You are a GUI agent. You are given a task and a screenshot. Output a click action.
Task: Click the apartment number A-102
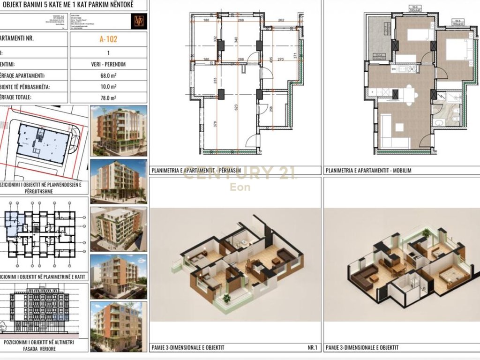[109, 39]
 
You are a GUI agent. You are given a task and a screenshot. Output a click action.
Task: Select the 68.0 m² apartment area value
[109, 75]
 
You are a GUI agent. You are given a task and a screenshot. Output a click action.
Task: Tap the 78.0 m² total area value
[109, 98]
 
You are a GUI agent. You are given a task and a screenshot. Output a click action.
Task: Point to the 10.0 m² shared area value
[109, 87]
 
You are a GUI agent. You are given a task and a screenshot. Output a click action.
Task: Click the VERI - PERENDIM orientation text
[109, 64]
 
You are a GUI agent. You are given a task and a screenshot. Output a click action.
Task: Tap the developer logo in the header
[140, 21]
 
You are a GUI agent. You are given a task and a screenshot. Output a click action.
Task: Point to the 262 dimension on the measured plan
[281, 20]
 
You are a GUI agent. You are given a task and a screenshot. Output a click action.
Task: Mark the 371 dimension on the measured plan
[295, 56]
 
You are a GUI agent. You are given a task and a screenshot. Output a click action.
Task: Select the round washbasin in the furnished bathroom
[439, 123]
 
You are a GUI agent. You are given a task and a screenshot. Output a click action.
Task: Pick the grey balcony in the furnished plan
[379, 38]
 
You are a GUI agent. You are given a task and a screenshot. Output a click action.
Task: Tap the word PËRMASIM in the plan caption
[226, 171]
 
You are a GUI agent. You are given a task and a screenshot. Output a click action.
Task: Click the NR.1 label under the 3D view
[313, 347]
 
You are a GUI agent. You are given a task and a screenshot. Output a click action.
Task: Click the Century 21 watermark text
[239, 174]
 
